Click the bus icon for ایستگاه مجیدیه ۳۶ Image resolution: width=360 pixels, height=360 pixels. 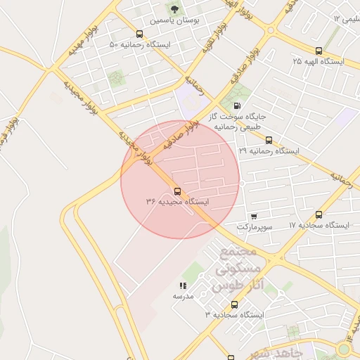click(x=176, y=191)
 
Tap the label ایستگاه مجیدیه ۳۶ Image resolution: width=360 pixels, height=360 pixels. click(x=177, y=202)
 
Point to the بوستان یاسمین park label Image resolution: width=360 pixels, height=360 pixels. click(x=173, y=21)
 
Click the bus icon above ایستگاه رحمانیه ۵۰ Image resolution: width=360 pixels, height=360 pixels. click(x=139, y=34)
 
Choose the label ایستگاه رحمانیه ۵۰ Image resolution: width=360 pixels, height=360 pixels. click(x=139, y=46)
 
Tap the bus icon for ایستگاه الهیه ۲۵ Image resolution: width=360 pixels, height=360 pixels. click(x=319, y=51)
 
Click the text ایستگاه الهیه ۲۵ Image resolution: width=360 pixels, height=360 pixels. click(x=319, y=62)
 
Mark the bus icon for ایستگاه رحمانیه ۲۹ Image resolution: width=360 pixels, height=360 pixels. click(x=269, y=139)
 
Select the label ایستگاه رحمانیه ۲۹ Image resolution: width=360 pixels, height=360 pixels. click(x=269, y=151)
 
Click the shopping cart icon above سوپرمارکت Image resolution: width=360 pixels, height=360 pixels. click(x=253, y=216)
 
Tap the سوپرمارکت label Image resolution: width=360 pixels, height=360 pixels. click(x=253, y=227)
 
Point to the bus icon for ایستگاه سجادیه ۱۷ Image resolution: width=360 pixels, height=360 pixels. click(x=319, y=214)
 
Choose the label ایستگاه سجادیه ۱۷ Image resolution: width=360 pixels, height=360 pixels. click(x=319, y=226)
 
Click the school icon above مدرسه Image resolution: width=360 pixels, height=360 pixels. click(x=183, y=285)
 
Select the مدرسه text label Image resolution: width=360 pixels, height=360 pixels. click(x=183, y=297)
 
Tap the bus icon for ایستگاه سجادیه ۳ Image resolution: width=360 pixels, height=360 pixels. click(x=234, y=304)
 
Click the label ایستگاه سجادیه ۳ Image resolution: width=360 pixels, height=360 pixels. click(x=234, y=316)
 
